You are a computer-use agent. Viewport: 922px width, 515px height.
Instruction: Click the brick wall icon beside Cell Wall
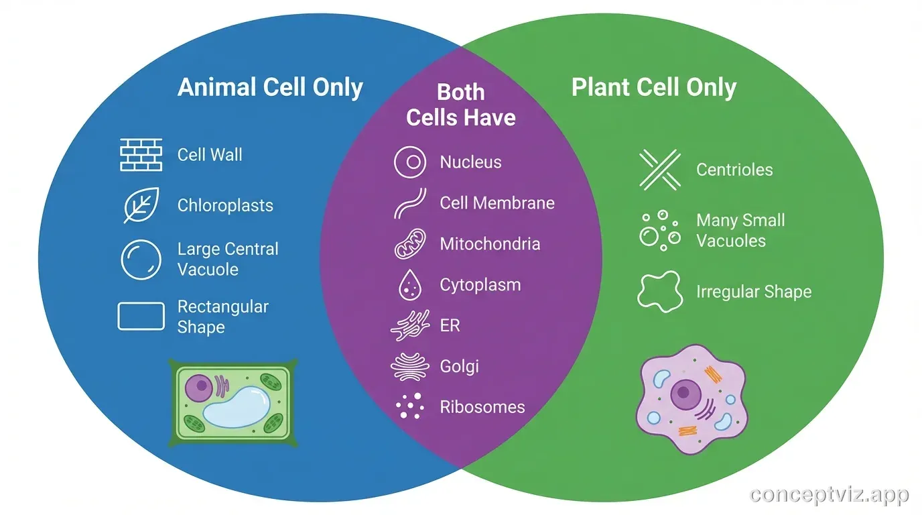pyautogui.click(x=141, y=155)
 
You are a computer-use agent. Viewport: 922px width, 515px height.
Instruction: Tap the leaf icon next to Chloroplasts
pyautogui.click(x=141, y=205)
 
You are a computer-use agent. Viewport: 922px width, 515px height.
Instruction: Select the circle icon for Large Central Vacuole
pyautogui.click(x=141, y=260)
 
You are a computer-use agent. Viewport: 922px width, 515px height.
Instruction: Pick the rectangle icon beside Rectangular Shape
pyautogui.click(x=141, y=317)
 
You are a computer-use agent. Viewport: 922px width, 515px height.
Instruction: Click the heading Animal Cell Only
pyautogui.click(x=270, y=88)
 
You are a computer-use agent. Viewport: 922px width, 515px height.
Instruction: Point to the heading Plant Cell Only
pyautogui.click(x=653, y=88)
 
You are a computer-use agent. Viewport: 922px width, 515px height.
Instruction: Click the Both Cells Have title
pyautogui.click(x=460, y=105)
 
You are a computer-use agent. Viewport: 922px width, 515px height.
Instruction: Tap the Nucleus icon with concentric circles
pyautogui.click(x=410, y=162)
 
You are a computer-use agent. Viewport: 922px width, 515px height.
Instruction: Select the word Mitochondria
pyautogui.click(x=490, y=244)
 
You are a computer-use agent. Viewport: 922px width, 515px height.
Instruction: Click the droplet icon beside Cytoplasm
pyautogui.click(x=409, y=285)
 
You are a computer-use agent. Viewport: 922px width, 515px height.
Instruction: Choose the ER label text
pyautogui.click(x=450, y=326)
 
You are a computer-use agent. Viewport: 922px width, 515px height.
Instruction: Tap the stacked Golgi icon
pyautogui.click(x=409, y=367)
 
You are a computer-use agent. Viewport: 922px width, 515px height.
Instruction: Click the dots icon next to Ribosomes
pyautogui.click(x=409, y=407)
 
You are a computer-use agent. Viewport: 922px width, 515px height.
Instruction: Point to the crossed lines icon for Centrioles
pyautogui.click(x=659, y=169)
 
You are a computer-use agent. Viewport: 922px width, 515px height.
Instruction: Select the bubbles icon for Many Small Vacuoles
pyautogui.click(x=659, y=230)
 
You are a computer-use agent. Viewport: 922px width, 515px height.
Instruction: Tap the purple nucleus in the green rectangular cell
pyautogui.click(x=198, y=388)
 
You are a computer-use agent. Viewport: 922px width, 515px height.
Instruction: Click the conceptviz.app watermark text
pyautogui.click(x=829, y=496)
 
